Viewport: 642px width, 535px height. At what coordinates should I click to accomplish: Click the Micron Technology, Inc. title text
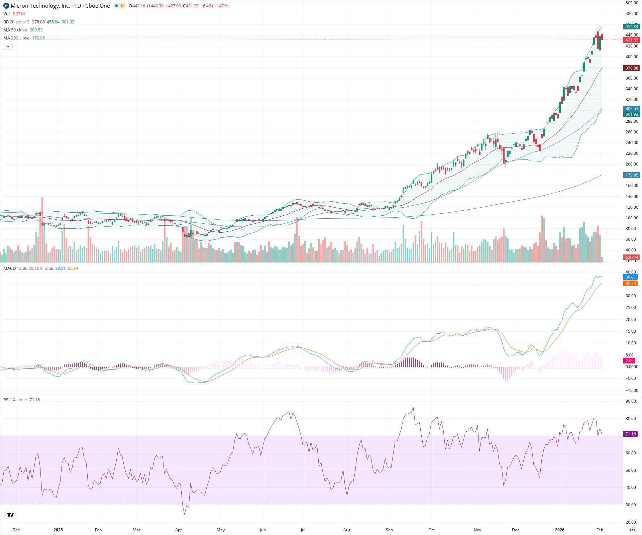click(40, 6)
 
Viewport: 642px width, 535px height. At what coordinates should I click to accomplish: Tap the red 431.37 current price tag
click(632, 40)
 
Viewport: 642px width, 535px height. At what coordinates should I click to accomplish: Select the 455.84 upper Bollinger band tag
click(632, 27)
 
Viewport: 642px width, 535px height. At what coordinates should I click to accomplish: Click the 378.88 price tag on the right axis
click(632, 68)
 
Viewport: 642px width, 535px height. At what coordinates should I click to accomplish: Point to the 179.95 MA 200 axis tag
click(632, 175)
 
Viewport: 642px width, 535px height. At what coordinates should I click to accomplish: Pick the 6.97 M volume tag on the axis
click(632, 257)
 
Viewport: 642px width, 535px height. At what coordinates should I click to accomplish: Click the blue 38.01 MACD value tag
click(631, 277)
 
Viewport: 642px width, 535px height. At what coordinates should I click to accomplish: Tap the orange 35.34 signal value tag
click(631, 284)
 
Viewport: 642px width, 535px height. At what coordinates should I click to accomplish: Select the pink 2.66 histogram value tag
click(630, 361)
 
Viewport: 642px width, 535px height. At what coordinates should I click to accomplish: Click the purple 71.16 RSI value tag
click(631, 434)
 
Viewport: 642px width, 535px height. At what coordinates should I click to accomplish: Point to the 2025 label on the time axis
click(58, 530)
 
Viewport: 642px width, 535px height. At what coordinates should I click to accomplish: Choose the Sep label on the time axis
click(389, 530)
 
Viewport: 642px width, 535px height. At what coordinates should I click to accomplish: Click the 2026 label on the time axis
click(559, 530)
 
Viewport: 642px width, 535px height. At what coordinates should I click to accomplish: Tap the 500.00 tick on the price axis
click(632, 3)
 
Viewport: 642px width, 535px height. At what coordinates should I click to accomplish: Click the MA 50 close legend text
click(15, 30)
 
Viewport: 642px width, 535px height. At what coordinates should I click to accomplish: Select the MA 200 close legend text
click(16, 38)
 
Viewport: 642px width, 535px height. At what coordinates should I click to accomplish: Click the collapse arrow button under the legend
click(8, 46)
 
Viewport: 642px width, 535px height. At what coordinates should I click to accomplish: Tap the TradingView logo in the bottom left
click(10, 515)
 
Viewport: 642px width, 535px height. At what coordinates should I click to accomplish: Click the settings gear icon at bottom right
click(632, 530)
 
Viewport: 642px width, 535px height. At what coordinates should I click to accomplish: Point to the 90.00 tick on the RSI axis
click(631, 401)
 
